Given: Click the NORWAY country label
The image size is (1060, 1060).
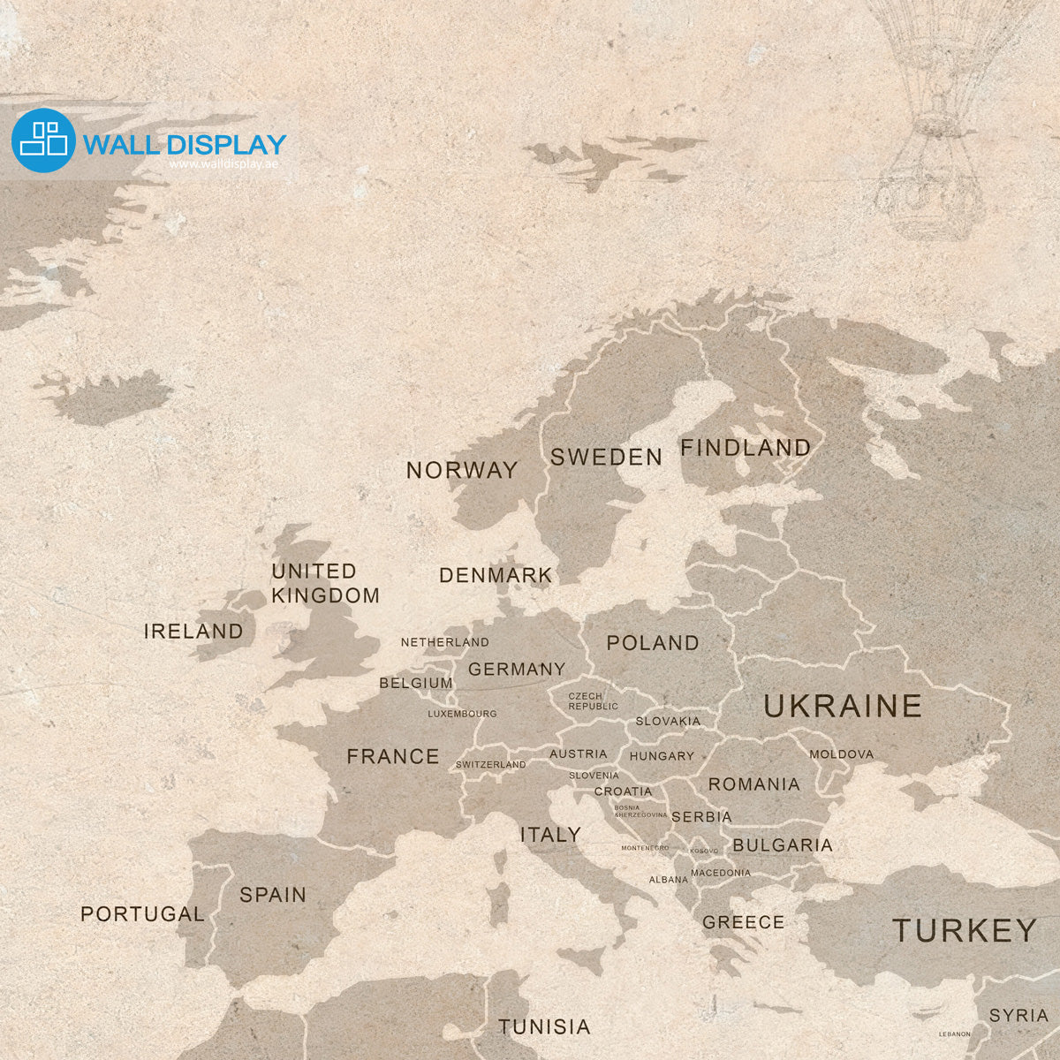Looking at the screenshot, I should pyautogui.click(x=462, y=470).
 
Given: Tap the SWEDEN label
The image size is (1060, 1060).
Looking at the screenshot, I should pyautogui.click(x=606, y=457).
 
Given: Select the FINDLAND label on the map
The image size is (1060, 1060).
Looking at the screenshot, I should pyautogui.click(x=745, y=448).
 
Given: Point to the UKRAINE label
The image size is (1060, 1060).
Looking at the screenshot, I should pyautogui.click(x=842, y=706).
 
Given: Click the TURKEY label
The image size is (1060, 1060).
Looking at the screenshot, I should pyautogui.click(x=964, y=930).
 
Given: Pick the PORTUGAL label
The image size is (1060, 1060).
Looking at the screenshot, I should pyautogui.click(x=142, y=914).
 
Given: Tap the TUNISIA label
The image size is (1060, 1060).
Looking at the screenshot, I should pyautogui.click(x=544, y=1026).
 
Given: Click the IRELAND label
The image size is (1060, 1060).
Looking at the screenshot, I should pyautogui.click(x=193, y=632).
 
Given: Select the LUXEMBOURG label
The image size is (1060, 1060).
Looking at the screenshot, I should pyautogui.click(x=462, y=714).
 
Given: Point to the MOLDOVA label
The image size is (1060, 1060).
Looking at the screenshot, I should pyautogui.click(x=841, y=754).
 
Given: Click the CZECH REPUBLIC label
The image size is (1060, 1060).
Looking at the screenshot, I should pyautogui.click(x=593, y=701).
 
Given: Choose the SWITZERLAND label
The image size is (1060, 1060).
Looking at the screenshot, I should pyautogui.click(x=490, y=765).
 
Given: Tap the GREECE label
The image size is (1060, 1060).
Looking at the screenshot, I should pyautogui.click(x=743, y=922).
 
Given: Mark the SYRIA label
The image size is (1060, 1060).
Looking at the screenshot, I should pyautogui.click(x=1018, y=1016).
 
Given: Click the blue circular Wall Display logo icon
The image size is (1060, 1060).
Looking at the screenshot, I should pyautogui.click(x=43, y=140).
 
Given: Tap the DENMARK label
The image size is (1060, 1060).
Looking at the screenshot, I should pyautogui.click(x=495, y=576).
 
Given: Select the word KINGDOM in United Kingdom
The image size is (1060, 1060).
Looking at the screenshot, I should pyautogui.click(x=325, y=596).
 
